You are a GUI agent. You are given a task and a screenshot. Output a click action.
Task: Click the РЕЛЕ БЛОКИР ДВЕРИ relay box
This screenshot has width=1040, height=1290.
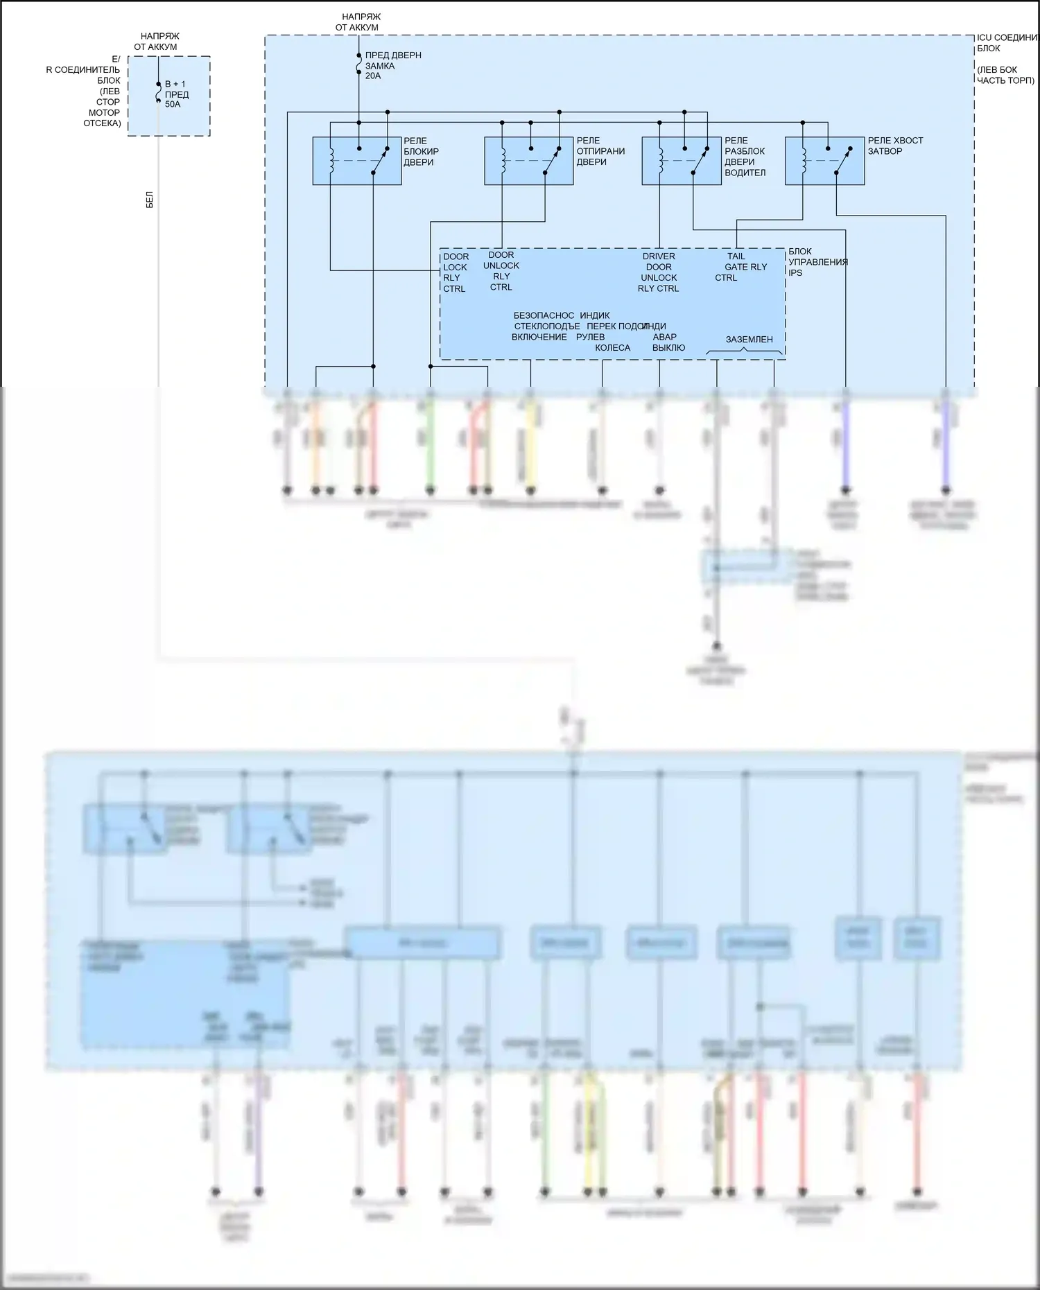(356, 162)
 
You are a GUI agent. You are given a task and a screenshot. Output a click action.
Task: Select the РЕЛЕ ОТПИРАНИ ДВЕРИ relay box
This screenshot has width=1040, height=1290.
(528, 162)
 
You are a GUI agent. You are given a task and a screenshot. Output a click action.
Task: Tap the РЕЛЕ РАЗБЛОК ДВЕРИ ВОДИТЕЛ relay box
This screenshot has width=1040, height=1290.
(681, 162)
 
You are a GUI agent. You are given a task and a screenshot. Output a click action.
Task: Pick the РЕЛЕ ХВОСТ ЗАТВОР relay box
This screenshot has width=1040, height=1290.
(824, 162)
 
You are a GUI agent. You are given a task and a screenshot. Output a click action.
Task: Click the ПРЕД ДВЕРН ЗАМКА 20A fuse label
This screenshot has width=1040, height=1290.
(392, 65)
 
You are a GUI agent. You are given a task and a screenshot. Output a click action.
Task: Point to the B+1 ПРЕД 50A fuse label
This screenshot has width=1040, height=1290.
(176, 94)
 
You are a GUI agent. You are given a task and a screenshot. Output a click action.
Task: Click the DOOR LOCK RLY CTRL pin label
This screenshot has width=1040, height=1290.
(456, 272)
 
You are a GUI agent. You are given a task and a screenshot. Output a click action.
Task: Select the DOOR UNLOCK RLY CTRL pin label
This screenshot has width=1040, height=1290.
(501, 271)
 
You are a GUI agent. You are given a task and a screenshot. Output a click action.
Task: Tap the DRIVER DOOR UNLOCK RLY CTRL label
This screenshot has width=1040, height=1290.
(659, 272)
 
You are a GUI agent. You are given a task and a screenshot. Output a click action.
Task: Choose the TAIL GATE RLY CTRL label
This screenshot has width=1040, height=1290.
(741, 267)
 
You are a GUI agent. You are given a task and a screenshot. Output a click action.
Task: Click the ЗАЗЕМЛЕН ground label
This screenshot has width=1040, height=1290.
(749, 340)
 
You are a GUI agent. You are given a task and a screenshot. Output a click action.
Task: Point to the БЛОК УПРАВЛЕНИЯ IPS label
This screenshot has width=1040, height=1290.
(817, 262)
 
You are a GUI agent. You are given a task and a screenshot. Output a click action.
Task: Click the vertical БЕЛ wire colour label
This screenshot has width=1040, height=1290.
(150, 200)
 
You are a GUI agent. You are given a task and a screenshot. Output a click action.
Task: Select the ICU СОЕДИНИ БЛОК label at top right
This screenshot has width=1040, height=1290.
(1006, 43)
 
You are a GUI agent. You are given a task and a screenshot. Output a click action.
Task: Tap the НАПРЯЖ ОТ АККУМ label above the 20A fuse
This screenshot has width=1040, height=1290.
(361, 22)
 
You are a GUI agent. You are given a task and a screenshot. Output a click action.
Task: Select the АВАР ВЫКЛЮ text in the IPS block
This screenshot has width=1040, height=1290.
(668, 342)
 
